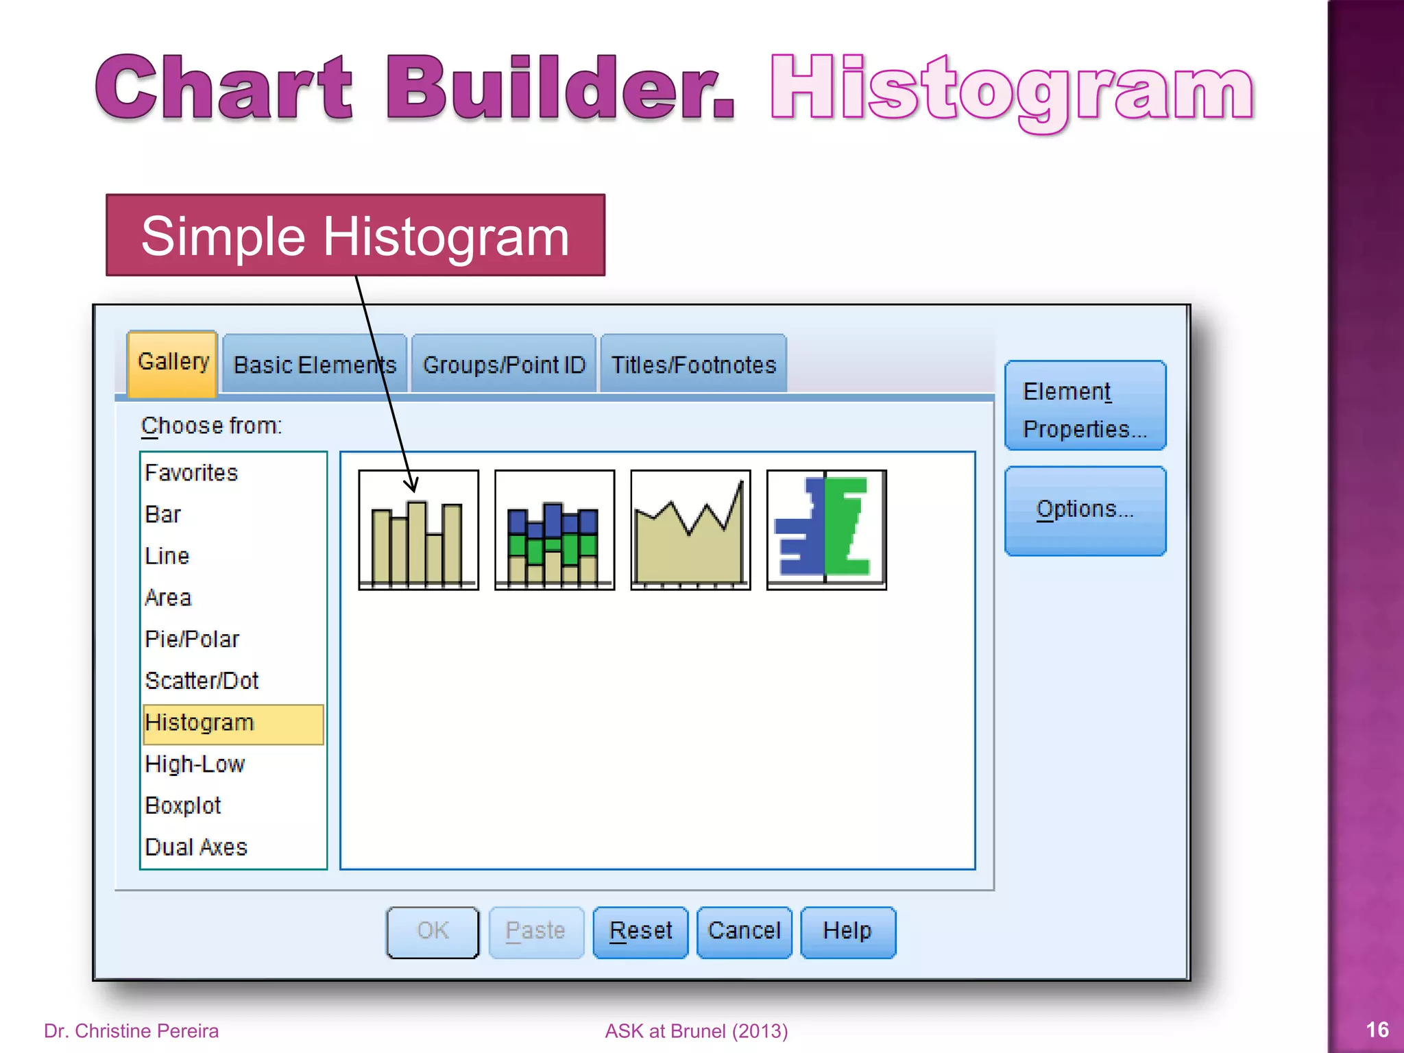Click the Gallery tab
(173, 363)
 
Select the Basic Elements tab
(315, 365)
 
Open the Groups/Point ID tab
(504, 365)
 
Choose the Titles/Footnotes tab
(693, 365)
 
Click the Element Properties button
(1085, 409)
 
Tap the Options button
(1085, 510)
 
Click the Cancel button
(744, 931)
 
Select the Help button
(847, 931)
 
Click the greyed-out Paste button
(535, 931)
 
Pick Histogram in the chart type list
(200, 723)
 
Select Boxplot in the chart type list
(183, 806)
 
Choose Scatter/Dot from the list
(202, 681)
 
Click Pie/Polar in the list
(192, 640)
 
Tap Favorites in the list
(191, 473)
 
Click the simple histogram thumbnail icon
(418, 530)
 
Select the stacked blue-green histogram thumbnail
(554, 530)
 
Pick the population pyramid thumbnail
(826, 530)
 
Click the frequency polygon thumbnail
(690, 530)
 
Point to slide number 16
(1377, 1030)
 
